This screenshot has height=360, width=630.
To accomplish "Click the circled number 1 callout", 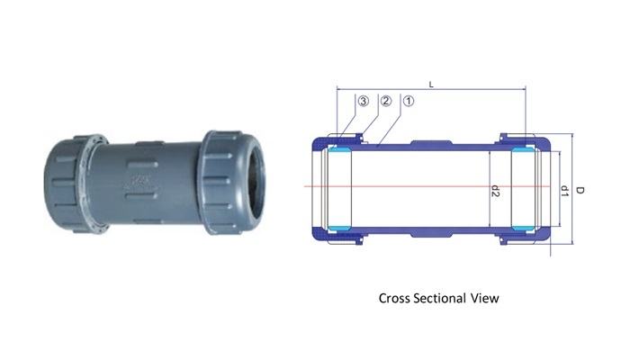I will pyautogui.click(x=408, y=102).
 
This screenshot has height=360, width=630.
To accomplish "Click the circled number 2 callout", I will pyautogui.click(x=386, y=102).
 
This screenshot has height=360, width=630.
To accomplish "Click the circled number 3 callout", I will pyautogui.click(x=364, y=102).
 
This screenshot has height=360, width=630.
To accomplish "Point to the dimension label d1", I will pyautogui.click(x=563, y=191).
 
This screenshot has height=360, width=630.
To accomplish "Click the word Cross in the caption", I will pyautogui.click(x=398, y=298).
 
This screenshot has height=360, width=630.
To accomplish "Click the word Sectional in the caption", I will pyautogui.click(x=447, y=298).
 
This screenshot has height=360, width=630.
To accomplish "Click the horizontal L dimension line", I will pyautogui.click(x=468, y=90).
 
